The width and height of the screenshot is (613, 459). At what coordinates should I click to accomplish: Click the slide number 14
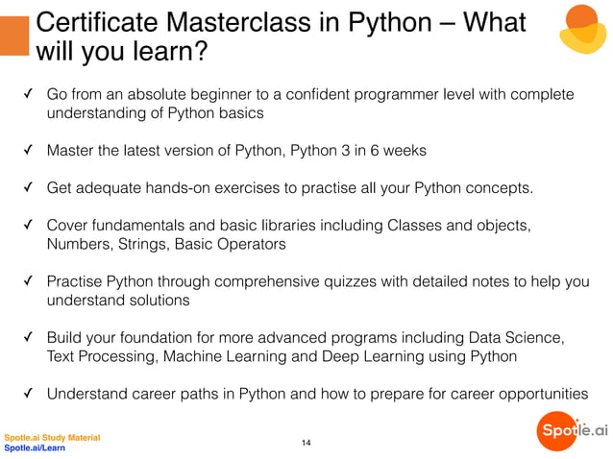306,442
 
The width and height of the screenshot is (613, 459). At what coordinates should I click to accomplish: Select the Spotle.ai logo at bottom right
573,431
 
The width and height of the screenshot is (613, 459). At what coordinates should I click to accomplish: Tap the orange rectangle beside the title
13,35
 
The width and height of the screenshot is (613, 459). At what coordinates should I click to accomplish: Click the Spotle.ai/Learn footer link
35,447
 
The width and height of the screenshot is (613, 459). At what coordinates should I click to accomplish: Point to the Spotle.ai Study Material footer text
52,438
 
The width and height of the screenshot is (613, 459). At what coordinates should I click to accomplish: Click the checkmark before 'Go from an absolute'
29,94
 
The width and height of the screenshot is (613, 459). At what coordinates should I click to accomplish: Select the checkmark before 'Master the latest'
29,151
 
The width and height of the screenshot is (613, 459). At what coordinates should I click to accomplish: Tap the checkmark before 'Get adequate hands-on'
29,187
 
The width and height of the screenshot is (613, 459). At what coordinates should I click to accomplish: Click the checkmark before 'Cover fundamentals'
29,226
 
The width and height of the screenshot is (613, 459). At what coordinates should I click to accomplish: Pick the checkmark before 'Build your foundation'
29,338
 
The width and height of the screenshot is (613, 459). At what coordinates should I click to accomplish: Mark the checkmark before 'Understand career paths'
29,393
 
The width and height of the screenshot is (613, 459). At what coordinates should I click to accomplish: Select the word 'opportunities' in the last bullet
539,393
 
